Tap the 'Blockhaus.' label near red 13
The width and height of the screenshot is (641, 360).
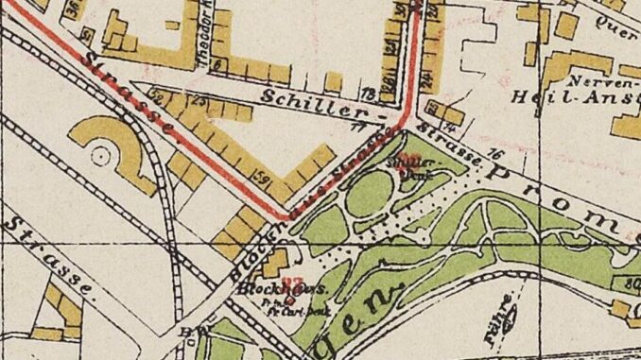(x=267, y=287)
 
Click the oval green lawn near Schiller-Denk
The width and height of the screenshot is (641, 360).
(x=369, y=194)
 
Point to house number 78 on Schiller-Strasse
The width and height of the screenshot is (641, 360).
(x=370, y=94)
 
